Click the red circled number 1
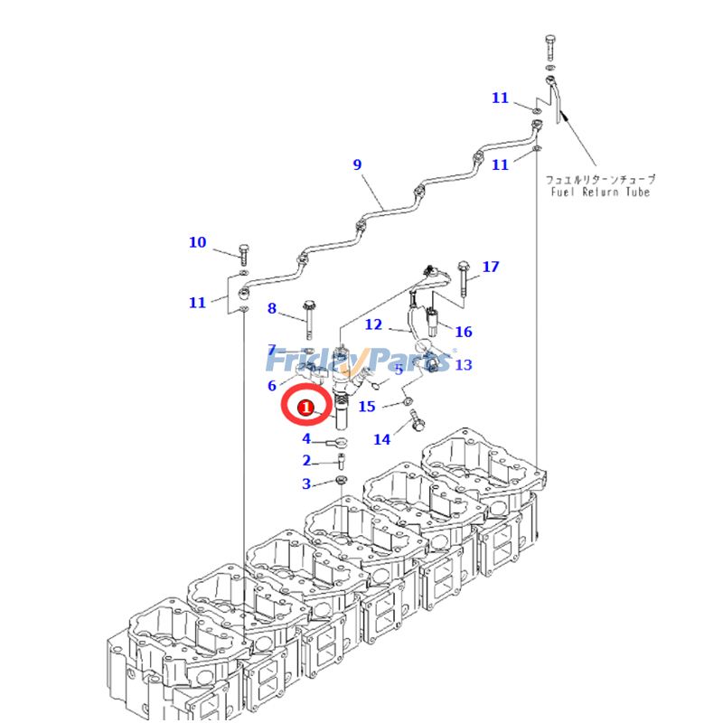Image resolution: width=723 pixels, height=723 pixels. point(306,408)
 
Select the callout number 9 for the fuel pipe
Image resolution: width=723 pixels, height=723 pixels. point(357,164)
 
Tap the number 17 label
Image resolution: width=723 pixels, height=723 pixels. point(490,267)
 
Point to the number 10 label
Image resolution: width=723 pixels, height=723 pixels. point(197,242)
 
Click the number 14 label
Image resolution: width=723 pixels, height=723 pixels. point(382,439)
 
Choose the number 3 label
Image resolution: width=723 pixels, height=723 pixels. point(306,484)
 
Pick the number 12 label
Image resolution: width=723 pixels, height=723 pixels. point(373,324)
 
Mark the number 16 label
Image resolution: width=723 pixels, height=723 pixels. point(464,333)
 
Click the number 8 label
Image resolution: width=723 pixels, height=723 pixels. point(272,309)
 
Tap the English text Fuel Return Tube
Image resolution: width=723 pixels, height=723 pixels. point(600,192)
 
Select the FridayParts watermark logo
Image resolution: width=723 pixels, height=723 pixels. point(361,360)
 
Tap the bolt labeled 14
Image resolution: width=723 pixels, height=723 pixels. point(417,421)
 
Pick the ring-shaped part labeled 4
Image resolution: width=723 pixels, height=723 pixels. point(340,443)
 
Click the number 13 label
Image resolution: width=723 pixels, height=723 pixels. point(464,365)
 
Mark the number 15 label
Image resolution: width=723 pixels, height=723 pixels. point(366,407)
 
